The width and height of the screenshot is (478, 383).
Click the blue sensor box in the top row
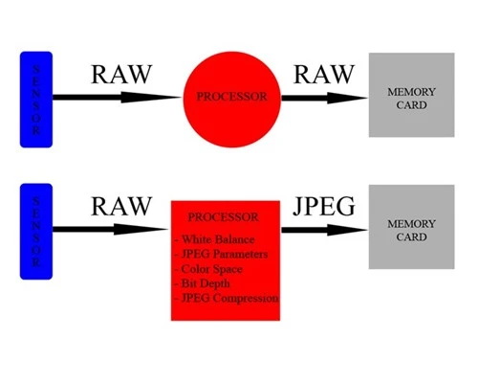point(36,100)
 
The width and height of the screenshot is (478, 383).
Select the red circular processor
point(232,98)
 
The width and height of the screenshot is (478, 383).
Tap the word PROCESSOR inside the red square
point(224,217)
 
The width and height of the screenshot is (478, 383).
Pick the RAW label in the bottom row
point(120,206)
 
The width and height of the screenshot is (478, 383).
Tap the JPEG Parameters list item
point(221,255)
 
